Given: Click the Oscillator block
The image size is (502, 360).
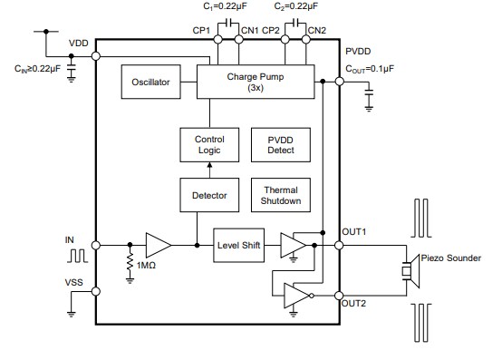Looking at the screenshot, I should pyautogui.click(x=150, y=83).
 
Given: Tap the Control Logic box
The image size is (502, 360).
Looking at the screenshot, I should pyautogui.click(x=208, y=144).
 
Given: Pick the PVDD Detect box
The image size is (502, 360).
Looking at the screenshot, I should pyautogui.click(x=281, y=144).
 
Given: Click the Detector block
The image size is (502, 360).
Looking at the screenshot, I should pyautogui.click(x=208, y=194).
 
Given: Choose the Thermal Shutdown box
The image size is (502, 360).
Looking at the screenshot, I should pyautogui.click(x=281, y=195).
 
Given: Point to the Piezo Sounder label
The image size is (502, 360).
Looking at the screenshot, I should pyautogui.click(x=451, y=257).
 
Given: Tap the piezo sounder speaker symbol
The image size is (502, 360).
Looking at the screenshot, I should pyautogui.click(x=410, y=270).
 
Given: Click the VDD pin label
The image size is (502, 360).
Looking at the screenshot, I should pyautogui.click(x=79, y=44).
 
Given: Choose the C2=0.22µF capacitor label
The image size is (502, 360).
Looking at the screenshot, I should pyautogui.click(x=293, y=6).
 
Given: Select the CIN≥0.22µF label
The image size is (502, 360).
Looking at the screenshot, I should pyautogui.click(x=38, y=67).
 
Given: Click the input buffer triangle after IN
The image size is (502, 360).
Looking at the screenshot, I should pyautogui.click(x=158, y=245).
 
